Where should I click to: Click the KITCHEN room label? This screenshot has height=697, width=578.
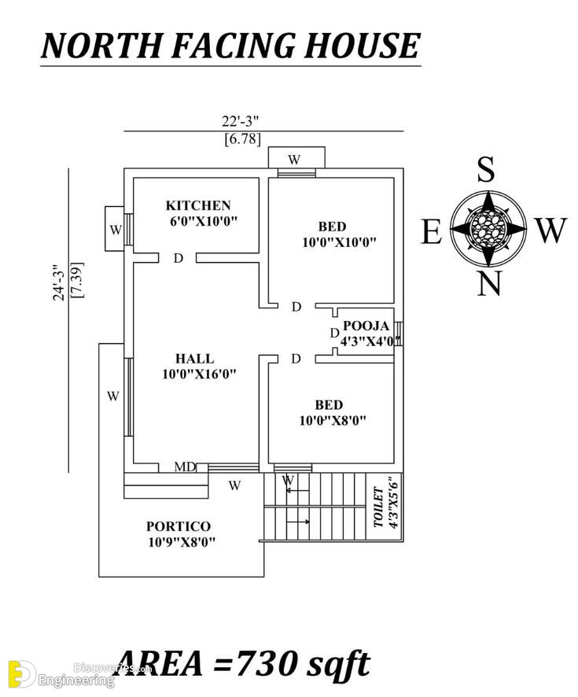(198, 205)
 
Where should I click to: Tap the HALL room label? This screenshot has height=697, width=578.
(194, 358)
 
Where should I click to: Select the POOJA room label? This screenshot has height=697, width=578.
(366, 326)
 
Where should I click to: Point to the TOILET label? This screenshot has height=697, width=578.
(378, 507)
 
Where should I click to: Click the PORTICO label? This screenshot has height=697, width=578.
(179, 526)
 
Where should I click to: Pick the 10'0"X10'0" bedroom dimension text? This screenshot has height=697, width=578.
(340, 243)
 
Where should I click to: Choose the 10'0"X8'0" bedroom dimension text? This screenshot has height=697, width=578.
(333, 420)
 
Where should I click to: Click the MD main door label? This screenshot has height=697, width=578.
(185, 467)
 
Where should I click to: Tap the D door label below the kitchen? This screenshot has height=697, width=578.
(179, 258)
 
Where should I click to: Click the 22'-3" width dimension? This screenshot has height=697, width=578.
(241, 121)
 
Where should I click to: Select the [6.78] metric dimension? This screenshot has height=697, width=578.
(242, 139)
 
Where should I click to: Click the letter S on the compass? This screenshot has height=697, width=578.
(486, 170)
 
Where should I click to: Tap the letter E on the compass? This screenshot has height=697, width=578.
(432, 231)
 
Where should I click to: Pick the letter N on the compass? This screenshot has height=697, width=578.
(490, 283)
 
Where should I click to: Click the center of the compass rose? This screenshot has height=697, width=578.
(488, 228)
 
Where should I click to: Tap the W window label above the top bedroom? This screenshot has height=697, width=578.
(294, 160)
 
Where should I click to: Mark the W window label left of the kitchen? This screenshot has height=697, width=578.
(116, 230)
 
